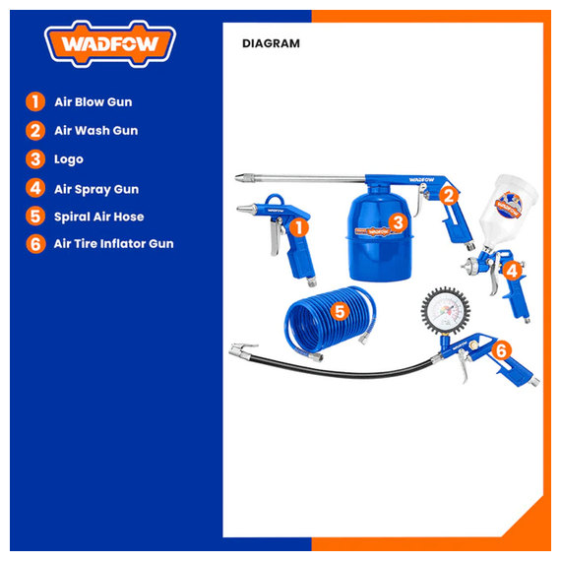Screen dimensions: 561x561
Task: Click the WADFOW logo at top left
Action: click(x=110, y=44)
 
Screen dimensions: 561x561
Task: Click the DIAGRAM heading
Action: click(x=271, y=43)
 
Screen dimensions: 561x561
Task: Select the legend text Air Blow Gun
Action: click(x=93, y=102)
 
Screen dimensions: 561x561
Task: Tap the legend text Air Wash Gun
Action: click(x=95, y=131)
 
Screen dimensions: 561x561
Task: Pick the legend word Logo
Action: click(x=68, y=159)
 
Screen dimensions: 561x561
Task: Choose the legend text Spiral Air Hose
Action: click(x=98, y=217)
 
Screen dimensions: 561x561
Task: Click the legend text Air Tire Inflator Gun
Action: click(x=113, y=244)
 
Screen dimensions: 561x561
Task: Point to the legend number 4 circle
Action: click(x=35, y=188)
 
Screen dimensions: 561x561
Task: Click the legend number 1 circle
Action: click(x=35, y=101)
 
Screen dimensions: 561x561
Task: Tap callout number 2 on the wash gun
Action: click(x=448, y=195)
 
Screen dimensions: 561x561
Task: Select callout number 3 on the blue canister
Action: click(x=398, y=222)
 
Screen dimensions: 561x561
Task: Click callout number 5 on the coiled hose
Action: click(x=340, y=311)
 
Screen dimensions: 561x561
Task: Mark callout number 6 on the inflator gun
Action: click(x=501, y=350)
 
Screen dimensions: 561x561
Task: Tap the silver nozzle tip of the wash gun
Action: click(x=245, y=177)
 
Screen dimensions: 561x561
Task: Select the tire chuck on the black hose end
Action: click(x=243, y=351)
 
